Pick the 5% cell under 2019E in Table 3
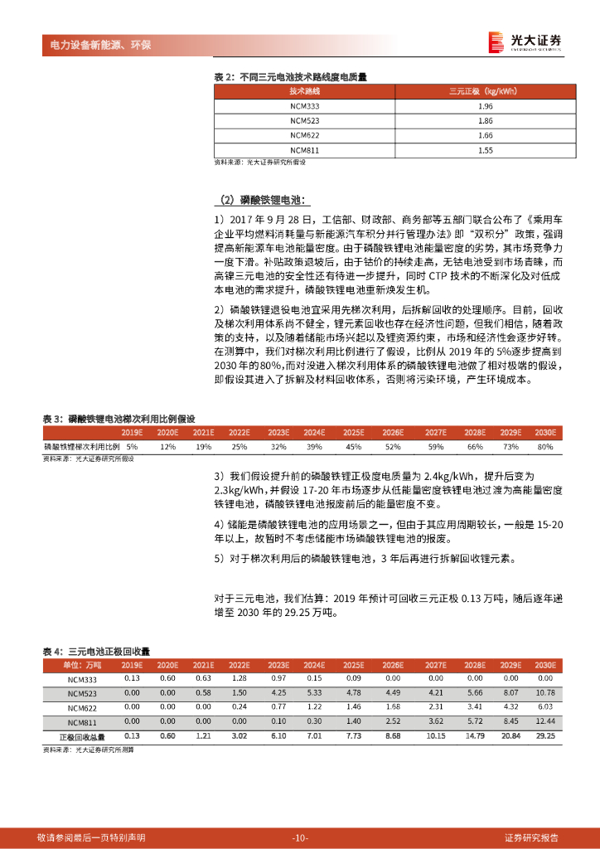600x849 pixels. click(132, 447)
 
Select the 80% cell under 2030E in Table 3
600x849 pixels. click(544, 447)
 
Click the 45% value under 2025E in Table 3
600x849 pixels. click(353, 447)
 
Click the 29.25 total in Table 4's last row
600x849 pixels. click(545, 736)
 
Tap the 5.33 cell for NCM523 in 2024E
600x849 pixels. click(314, 692)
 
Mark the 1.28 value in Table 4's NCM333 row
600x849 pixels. click(240, 678)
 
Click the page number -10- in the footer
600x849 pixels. click(300, 837)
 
